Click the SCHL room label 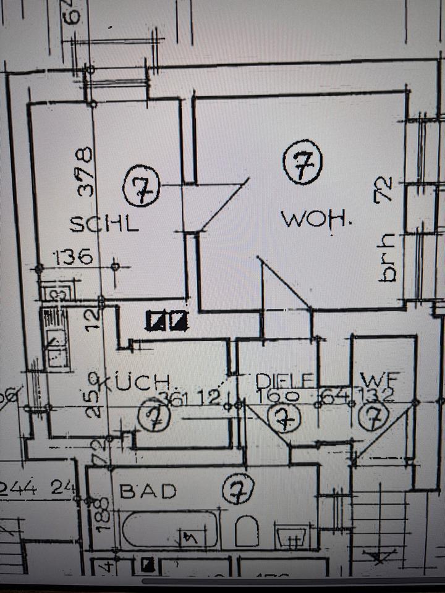point(103,224)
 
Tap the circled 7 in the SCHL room point(142,188)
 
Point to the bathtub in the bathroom point(169,530)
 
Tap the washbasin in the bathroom point(291,537)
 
